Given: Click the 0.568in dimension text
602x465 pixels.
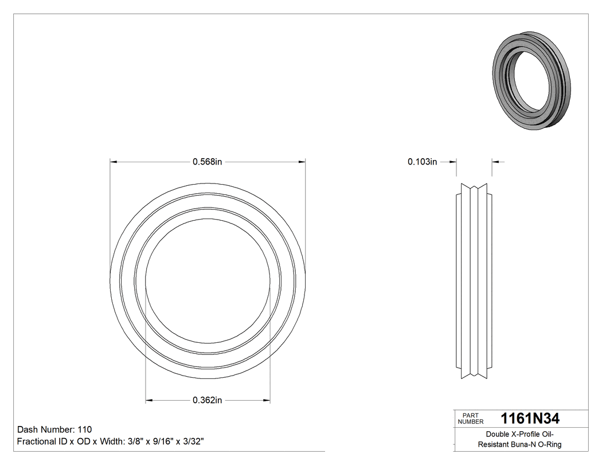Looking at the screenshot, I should tap(207, 162).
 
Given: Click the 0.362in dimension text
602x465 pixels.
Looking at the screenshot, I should tap(207, 400).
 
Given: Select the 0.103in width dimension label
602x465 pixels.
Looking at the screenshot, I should tap(422, 162).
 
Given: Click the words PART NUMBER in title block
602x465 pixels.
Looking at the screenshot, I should tap(471, 419).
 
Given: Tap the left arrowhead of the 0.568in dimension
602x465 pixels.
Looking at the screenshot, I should tap(113, 162).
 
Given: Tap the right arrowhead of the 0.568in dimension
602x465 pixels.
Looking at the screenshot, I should tap(302, 162).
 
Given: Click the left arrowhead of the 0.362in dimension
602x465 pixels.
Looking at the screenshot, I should tap(148, 400).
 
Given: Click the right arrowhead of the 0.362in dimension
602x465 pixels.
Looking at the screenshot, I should tap(267, 400).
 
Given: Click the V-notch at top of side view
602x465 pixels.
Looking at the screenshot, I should tap(474, 187).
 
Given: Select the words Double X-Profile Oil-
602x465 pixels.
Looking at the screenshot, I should tap(519, 434).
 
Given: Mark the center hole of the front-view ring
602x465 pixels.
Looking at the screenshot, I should tap(208, 281).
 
